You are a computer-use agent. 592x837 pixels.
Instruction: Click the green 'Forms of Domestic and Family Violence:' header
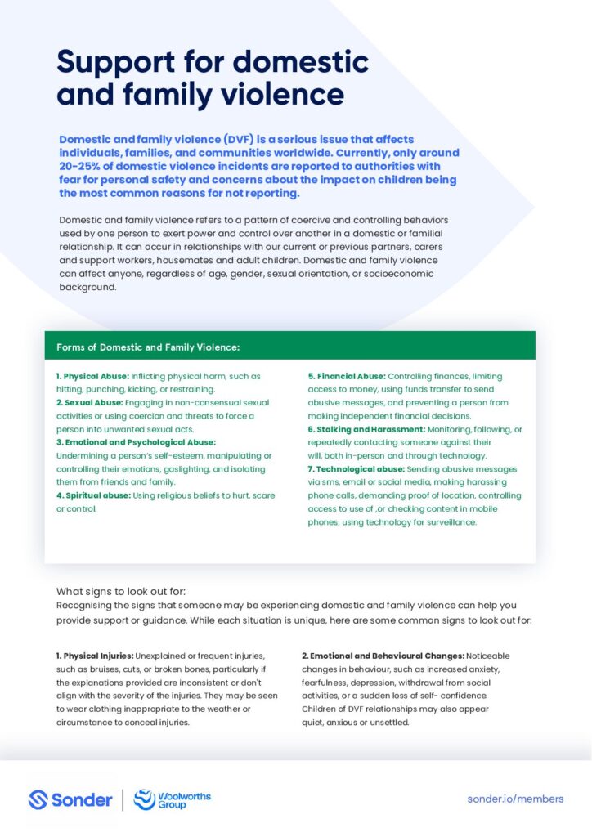coord(148,347)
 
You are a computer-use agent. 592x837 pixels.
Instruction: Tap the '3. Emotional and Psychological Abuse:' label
coord(136,442)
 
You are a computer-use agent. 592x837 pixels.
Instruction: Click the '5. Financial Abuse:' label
coord(346,377)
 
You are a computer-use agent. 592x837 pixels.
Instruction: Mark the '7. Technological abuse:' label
coord(356,469)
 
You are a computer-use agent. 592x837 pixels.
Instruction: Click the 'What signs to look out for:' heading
coord(121,591)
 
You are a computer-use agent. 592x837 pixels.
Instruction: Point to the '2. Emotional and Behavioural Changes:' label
coord(383,656)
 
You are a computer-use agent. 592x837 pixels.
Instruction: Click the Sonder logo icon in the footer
coord(38,799)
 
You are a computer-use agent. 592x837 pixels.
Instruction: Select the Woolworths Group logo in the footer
coord(173,799)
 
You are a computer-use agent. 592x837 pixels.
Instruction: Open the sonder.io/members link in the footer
coord(515,799)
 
